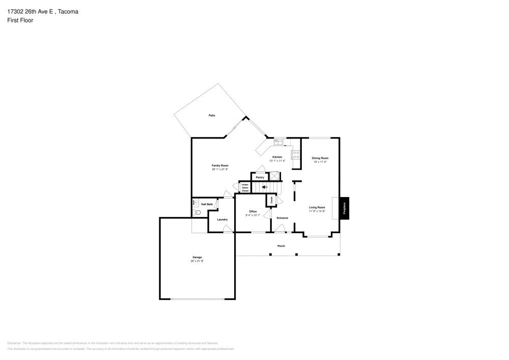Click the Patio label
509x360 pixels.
[212, 116]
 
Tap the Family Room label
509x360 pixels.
[220, 165]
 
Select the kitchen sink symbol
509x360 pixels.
[278, 142]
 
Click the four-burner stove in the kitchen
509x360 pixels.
[296, 154]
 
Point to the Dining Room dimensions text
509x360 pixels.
[320, 162]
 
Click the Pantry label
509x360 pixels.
[260, 177]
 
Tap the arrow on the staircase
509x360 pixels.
[264, 187]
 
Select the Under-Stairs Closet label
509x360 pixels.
[245, 187]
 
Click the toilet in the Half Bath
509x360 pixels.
[197, 213]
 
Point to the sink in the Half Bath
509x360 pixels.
[194, 203]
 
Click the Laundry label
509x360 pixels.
[222, 219]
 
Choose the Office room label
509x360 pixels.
[252, 211]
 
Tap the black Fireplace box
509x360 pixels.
[344, 208]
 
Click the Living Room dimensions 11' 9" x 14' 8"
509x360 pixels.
[317, 211]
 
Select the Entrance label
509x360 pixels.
[282, 218]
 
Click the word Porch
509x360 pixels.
[281, 246]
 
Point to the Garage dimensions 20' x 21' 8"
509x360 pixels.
[196, 261]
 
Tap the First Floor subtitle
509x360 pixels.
[20, 20]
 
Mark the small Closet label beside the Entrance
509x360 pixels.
[271, 201]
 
